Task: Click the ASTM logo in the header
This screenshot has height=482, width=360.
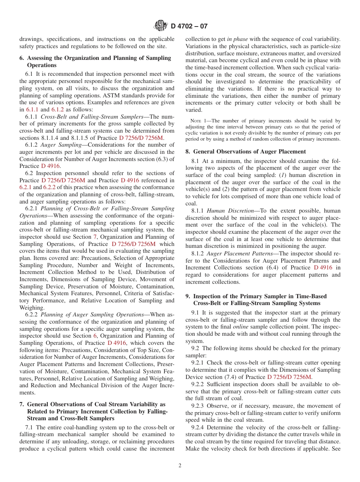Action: coord(161,26)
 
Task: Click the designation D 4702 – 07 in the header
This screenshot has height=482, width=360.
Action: coord(189,26)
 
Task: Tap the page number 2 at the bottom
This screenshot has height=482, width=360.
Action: coord(180,466)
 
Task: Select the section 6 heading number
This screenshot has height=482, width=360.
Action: coord(22,58)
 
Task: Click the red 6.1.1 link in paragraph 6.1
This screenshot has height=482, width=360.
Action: coord(32,109)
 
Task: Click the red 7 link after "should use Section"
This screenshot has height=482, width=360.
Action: coord(95,237)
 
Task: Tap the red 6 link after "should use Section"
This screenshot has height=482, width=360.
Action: coord(95,336)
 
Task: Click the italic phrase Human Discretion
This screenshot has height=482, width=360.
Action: coord(230,211)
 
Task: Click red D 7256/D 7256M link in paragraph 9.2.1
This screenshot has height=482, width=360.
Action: coord(289,377)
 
